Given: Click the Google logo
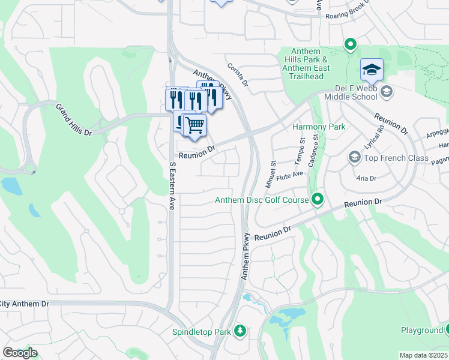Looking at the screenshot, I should (x=20, y=353).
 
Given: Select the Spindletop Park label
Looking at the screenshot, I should (x=201, y=331).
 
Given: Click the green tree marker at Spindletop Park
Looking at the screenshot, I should (x=240, y=331).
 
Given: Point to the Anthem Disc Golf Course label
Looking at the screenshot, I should (x=261, y=200).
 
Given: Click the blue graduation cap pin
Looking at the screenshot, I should (x=372, y=71).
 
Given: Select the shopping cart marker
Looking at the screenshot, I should (x=194, y=126).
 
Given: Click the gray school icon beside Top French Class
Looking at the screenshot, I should (x=354, y=158).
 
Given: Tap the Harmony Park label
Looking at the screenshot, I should (x=318, y=127).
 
